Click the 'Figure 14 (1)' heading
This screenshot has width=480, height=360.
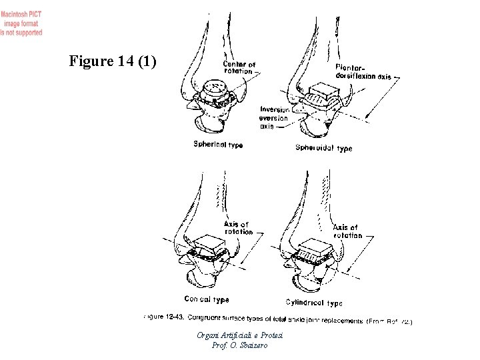click(113, 62)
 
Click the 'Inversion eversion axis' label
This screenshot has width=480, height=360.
click(273, 117)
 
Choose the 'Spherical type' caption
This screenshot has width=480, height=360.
click(218, 144)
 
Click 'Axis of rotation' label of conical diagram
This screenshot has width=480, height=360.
click(237, 228)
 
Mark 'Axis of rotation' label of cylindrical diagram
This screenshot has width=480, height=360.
click(347, 231)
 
